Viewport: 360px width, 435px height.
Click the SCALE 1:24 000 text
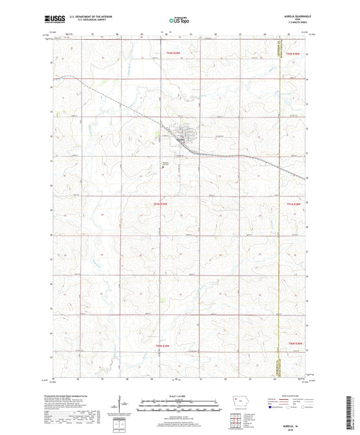[180, 395]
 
